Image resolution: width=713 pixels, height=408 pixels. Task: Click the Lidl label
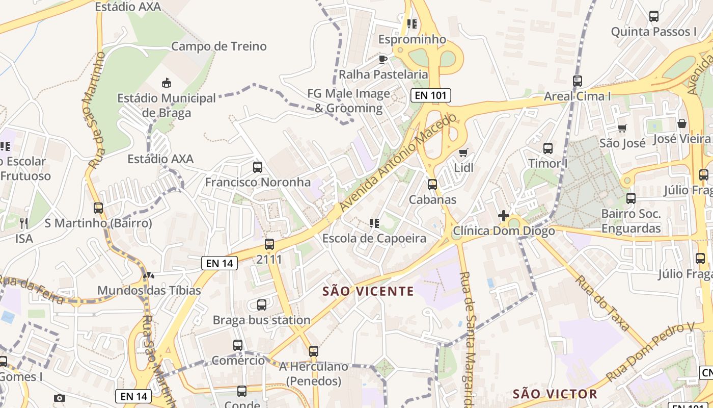point(463,168)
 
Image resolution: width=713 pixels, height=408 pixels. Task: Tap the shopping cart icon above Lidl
point(463,152)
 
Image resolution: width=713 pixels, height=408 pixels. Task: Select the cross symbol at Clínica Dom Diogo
point(504,216)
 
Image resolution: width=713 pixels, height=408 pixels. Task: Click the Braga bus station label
point(261,320)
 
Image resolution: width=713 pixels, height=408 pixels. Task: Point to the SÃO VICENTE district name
point(369,291)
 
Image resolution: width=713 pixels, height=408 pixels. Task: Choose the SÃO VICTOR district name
point(555,394)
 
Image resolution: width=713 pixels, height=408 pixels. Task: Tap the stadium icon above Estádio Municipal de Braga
point(166,83)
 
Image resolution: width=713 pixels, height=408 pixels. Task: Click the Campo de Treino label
point(218,46)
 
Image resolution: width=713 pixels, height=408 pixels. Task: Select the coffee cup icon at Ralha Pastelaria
point(383,60)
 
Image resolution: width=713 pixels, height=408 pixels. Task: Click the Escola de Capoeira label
point(374,238)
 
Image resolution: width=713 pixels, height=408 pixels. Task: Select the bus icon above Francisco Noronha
point(258,167)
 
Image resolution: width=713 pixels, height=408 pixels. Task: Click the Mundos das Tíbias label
point(149,290)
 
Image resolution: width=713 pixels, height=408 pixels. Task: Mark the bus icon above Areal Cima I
point(578,81)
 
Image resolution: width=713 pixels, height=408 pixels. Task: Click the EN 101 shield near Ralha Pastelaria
point(430,95)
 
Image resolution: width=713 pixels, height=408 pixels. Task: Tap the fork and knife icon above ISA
point(23,223)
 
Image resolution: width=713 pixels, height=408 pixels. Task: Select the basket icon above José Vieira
point(681,123)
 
